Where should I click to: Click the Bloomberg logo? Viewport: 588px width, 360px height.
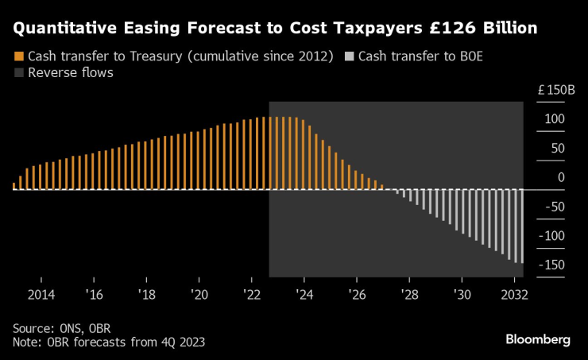(538, 339)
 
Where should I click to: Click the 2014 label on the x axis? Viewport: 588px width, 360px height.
(41, 294)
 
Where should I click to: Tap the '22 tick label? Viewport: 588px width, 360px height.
(251, 294)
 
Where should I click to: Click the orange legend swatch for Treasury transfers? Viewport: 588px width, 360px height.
(18, 57)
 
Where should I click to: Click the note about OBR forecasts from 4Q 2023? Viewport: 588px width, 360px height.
(109, 342)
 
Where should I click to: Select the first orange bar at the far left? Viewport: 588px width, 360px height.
(14, 186)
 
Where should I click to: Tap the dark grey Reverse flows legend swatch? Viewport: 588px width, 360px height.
(18, 73)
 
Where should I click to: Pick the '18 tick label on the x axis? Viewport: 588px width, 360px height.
(146, 294)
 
